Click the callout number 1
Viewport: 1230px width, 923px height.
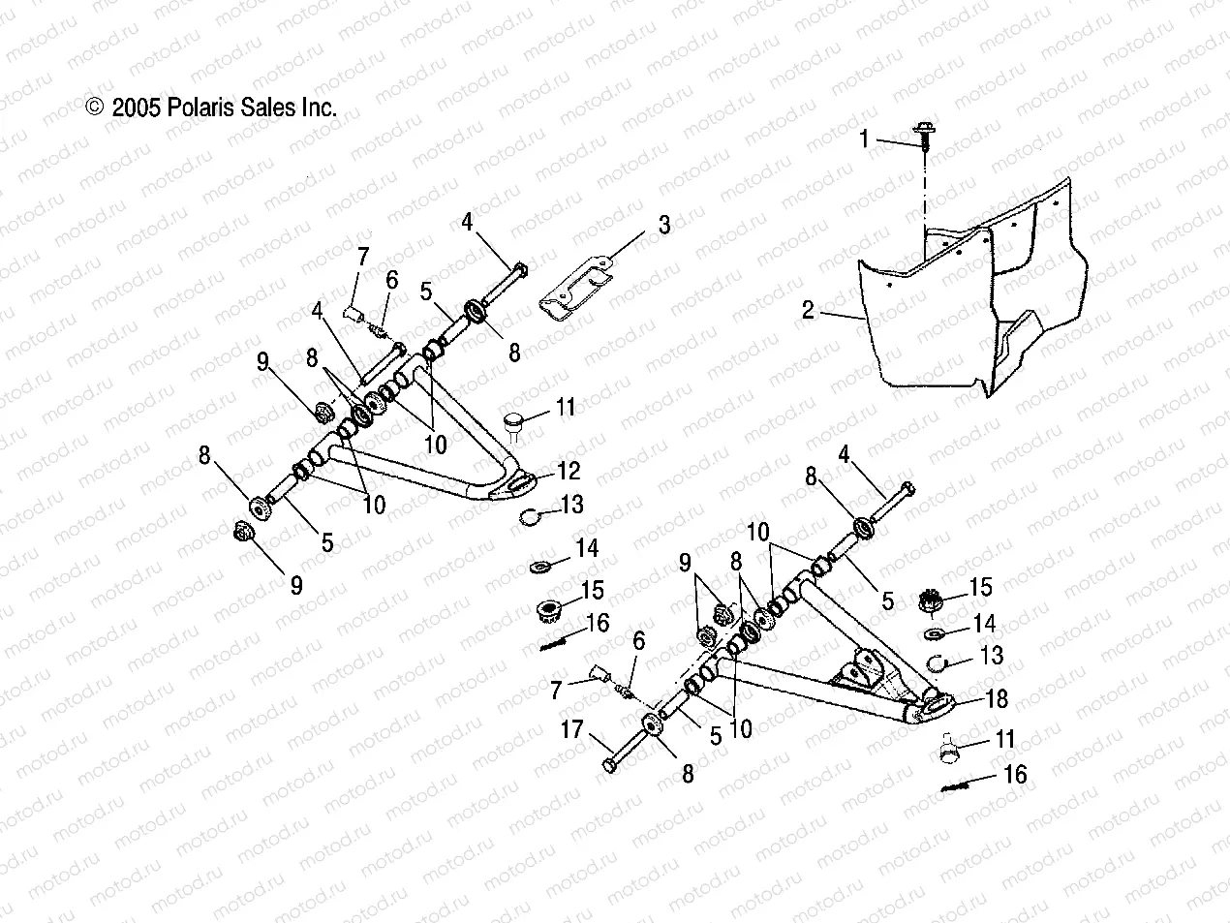(865, 139)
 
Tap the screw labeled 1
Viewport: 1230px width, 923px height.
(923, 133)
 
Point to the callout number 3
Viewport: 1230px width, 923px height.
(663, 226)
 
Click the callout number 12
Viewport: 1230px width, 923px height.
(569, 471)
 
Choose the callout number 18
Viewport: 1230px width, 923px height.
(997, 698)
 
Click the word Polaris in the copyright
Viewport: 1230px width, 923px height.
(203, 107)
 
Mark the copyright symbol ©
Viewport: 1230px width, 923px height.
(94, 107)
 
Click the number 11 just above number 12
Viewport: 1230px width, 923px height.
(566, 407)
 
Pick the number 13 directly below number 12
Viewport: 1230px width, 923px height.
(572, 504)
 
